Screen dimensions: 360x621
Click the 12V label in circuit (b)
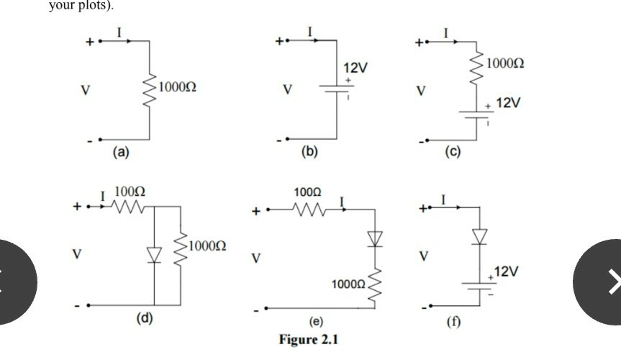pos(355,68)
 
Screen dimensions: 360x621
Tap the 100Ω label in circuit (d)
pos(130,192)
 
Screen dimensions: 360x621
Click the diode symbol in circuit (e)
pos(373,238)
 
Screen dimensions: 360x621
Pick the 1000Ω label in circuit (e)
pos(348,286)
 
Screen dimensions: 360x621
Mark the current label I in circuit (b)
pos(309,32)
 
